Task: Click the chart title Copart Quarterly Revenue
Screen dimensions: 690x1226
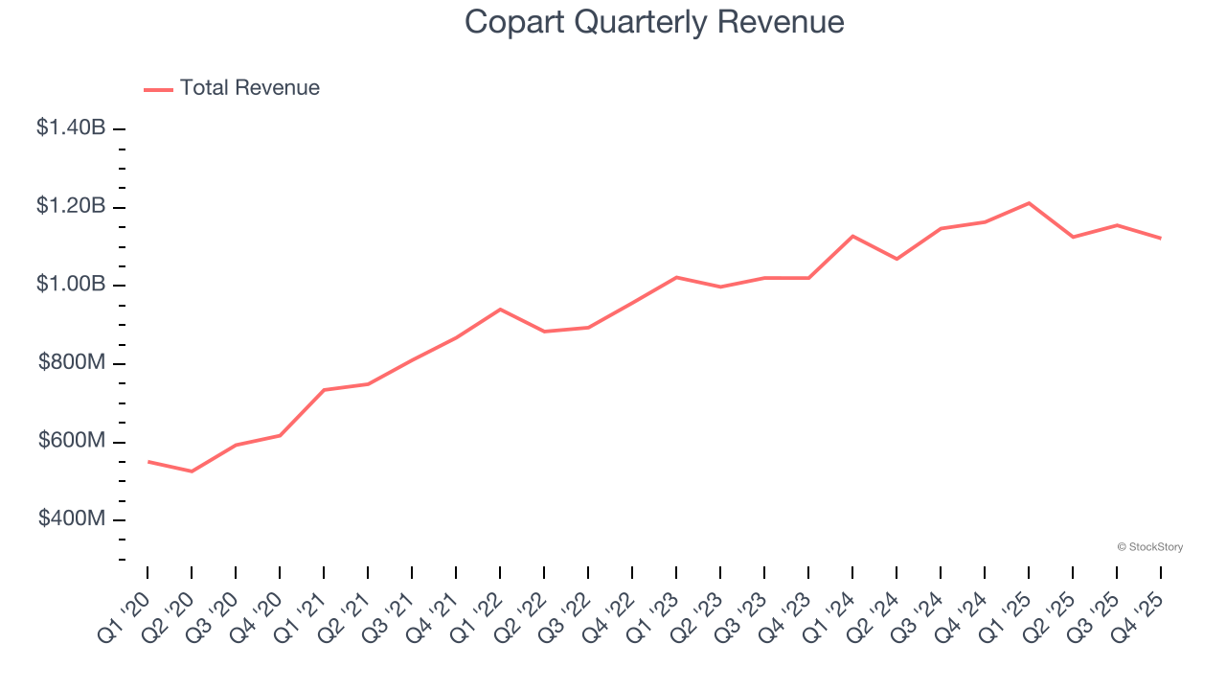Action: [x=654, y=22]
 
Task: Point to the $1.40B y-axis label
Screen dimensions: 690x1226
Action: [x=71, y=127]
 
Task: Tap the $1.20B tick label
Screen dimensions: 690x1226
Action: [x=71, y=206]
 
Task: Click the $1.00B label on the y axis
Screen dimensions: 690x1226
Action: [x=71, y=285]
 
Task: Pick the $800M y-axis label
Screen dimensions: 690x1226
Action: [x=71, y=363]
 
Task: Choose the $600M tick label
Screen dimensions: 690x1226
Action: [x=71, y=441]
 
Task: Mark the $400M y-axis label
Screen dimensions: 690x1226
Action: [x=71, y=519]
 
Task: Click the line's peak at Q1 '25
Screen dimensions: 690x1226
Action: [x=1029, y=203]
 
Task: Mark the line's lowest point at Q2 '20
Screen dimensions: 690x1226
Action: [x=192, y=471]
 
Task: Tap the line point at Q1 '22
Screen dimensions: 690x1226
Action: [x=500, y=309]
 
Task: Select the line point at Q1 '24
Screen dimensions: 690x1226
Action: [x=852, y=236]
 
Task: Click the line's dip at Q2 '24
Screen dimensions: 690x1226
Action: [x=897, y=259]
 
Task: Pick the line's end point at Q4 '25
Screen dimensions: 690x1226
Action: [x=1161, y=238]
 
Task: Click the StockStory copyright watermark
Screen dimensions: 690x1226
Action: [x=1149, y=547]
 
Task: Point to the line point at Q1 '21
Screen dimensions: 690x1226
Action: [x=324, y=390]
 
